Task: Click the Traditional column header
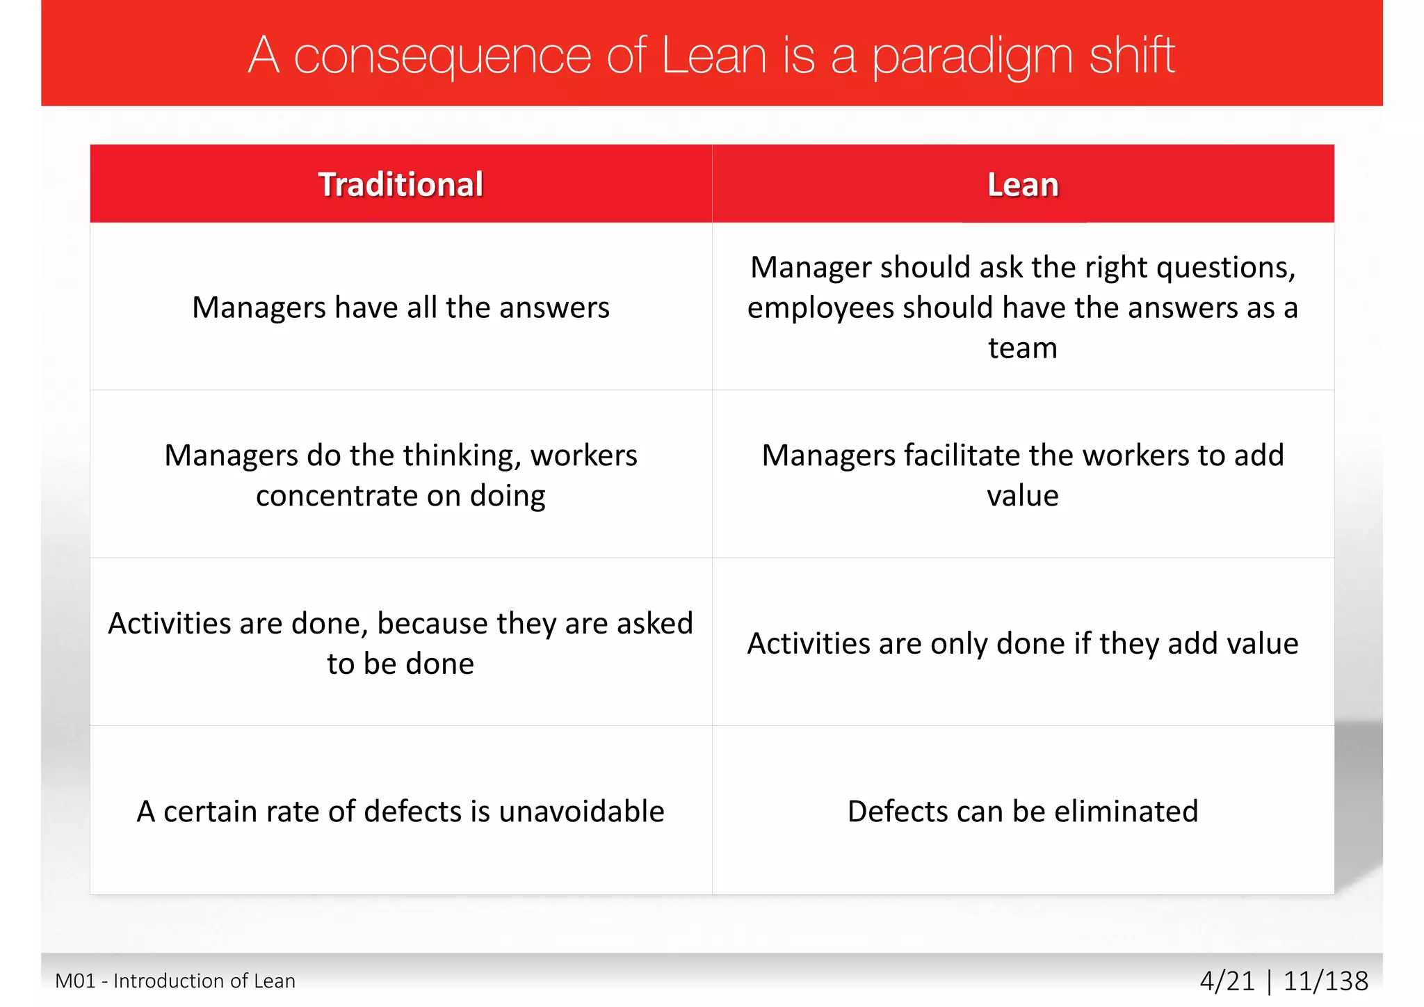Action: [x=400, y=185]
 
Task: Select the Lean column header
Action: [x=1023, y=185]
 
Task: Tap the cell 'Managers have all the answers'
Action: [x=400, y=307]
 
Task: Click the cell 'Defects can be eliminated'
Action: [x=1023, y=812]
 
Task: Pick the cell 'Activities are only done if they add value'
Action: [x=1023, y=643]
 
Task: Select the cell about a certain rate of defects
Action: [x=400, y=812]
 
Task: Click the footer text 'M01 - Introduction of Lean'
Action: [x=175, y=981]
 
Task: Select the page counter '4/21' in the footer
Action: [x=1227, y=981]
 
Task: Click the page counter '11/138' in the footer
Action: [x=1325, y=981]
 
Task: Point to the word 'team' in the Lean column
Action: [x=1023, y=348]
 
